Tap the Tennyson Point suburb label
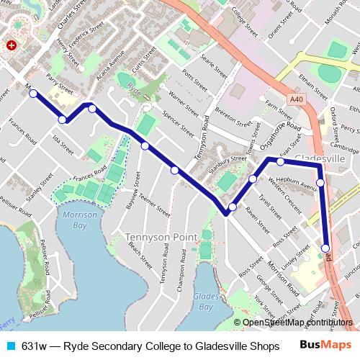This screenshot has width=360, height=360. (157, 237)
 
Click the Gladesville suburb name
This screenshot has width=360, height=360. (320, 158)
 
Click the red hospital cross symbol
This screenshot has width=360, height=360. (11, 45)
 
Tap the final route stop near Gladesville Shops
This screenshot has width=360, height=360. (325, 248)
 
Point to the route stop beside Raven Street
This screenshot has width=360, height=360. (232, 207)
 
